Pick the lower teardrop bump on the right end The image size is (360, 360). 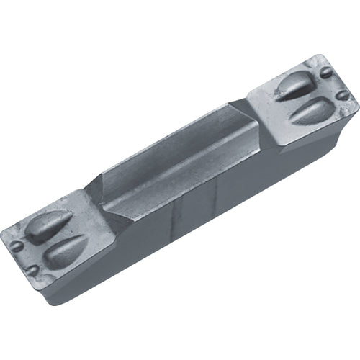(310, 111)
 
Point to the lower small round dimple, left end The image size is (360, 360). (32, 270)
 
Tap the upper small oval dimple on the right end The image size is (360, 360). (326, 72)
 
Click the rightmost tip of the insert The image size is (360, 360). (357, 108)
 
